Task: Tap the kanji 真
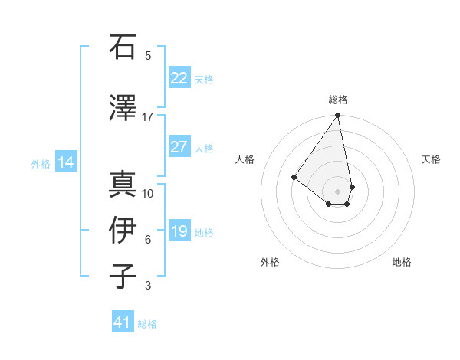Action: [123, 184]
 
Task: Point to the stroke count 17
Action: [148, 117]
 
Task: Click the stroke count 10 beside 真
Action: [148, 193]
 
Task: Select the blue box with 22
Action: [179, 78]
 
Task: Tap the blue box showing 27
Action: [179, 147]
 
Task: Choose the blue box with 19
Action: [179, 231]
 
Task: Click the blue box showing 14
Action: [65, 162]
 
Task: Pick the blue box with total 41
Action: [123, 322]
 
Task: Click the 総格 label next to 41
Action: [147, 324]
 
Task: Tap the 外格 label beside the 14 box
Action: [41, 163]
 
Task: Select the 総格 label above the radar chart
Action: [338, 100]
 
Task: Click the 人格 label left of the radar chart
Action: [245, 159]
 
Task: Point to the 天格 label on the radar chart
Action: [431, 159]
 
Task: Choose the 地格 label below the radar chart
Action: [402, 262]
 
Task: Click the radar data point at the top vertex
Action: [337, 116]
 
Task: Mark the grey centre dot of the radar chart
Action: [337, 191]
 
